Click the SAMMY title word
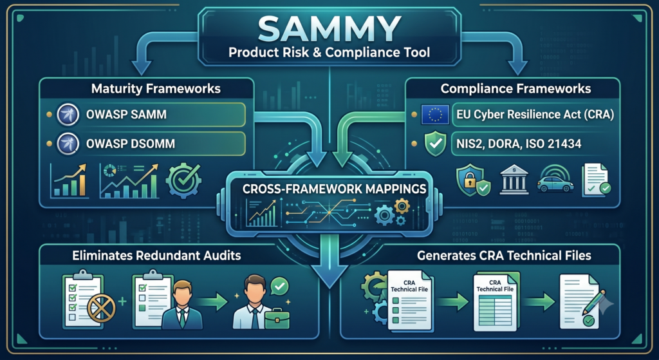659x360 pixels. [x=329, y=29]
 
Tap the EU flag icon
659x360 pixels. [x=436, y=115]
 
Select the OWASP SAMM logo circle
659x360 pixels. [x=68, y=115]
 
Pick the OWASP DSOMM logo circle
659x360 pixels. [x=68, y=144]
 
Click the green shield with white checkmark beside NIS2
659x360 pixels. [x=435, y=144]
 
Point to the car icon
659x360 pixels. [x=555, y=182]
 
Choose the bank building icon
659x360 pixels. [x=514, y=180]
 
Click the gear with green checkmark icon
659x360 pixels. [x=183, y=180]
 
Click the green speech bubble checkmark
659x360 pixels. [x=280, y=287]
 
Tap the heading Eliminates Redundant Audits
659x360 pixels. [x=156, y=256]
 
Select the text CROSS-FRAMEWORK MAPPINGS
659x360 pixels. [x=335, y=189]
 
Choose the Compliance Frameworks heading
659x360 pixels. [x=515, y=89]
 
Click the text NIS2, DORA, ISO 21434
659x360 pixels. [x=519, y=144]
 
